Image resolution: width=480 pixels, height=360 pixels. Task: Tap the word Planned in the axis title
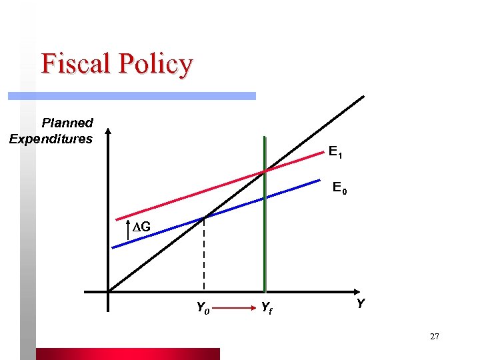coord(67,123)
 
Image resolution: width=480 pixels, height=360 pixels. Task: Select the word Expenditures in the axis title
coord(51,139)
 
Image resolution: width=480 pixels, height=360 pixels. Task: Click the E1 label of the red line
coord(336,153)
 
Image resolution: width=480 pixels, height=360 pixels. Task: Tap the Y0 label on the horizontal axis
coord(202,308)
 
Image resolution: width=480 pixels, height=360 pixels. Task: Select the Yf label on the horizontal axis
coord(265,308)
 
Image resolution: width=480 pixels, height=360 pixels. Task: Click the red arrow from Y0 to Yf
coord(233,308)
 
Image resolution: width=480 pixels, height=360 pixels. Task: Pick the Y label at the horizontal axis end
coord(360,304)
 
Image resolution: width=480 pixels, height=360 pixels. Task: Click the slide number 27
coord(435,337)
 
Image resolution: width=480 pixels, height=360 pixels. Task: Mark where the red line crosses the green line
coord(265,171)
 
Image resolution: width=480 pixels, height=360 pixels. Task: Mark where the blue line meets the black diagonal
coord(204,217)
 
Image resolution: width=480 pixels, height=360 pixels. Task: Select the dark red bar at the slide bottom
coord(127,354)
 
